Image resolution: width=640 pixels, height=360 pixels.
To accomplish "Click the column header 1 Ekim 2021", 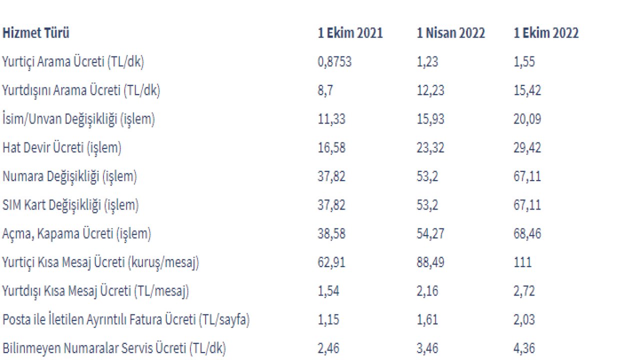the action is point(350,33).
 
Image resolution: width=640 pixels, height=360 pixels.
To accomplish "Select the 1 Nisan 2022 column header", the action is point(451,33).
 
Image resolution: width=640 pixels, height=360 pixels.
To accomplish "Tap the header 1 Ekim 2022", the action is point(546,33).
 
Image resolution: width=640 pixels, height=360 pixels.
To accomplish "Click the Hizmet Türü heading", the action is point(35,32).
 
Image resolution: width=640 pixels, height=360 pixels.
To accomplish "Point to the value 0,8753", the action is point(334,61).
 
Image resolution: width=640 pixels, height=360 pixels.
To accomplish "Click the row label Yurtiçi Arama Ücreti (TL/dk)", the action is point(73,62).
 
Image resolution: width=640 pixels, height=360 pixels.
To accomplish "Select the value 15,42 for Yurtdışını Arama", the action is point(527,90).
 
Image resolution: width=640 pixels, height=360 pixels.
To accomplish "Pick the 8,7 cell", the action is point(325,90).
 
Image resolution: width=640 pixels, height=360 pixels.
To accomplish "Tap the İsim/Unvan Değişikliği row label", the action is point(78,119).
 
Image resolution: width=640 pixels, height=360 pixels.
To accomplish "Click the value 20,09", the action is point(527,119).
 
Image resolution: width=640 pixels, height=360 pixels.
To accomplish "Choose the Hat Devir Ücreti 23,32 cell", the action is point(430,147).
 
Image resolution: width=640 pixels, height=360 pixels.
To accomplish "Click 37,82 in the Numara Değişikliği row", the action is point(331,176).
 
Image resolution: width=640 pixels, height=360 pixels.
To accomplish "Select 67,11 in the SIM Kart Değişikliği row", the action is point(527,205).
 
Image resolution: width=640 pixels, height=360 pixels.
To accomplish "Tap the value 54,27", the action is point(430,233).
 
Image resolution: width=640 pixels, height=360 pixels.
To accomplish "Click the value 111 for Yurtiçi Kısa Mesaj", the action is point(522,262).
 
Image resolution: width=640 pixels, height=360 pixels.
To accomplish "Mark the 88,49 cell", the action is point(430,262).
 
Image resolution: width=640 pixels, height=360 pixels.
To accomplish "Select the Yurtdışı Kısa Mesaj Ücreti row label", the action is point(95,291).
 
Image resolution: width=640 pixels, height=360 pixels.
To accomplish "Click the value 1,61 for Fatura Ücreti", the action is point(427,319).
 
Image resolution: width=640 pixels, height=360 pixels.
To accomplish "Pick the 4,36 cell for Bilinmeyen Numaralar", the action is point(524,348).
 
